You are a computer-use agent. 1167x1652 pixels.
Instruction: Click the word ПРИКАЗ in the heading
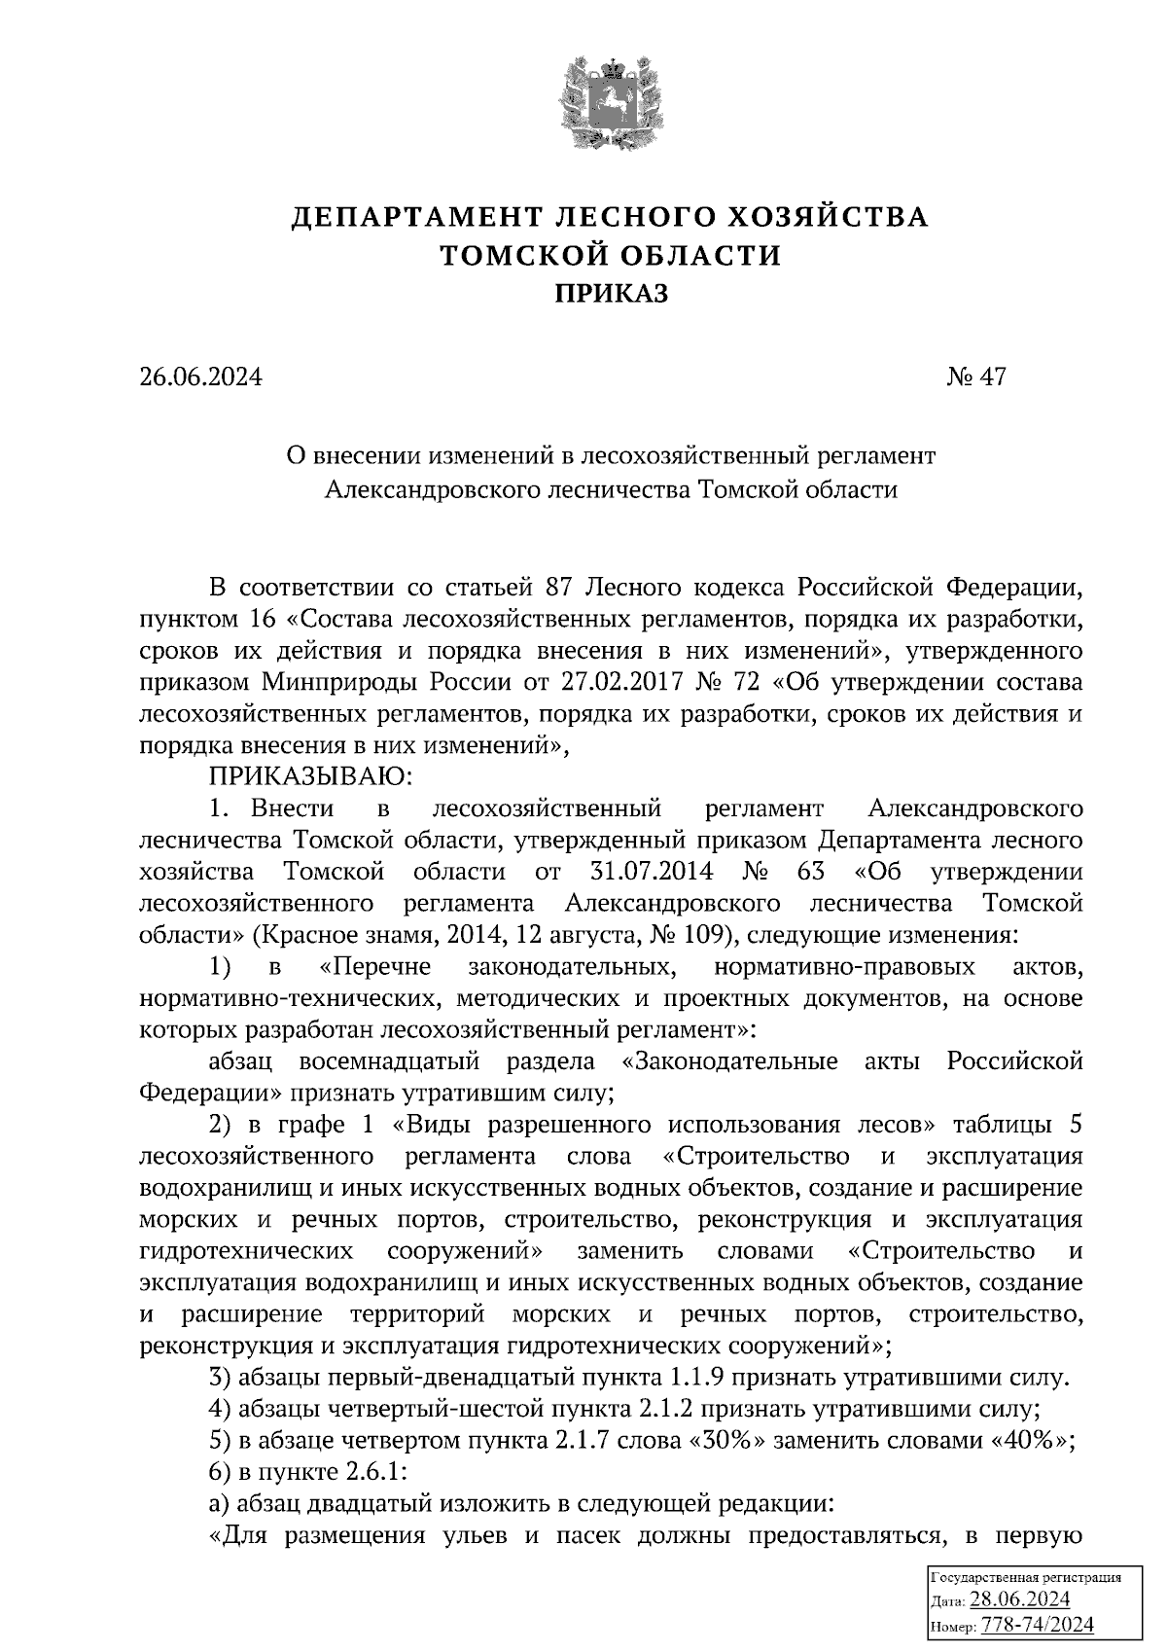[611, 294]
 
